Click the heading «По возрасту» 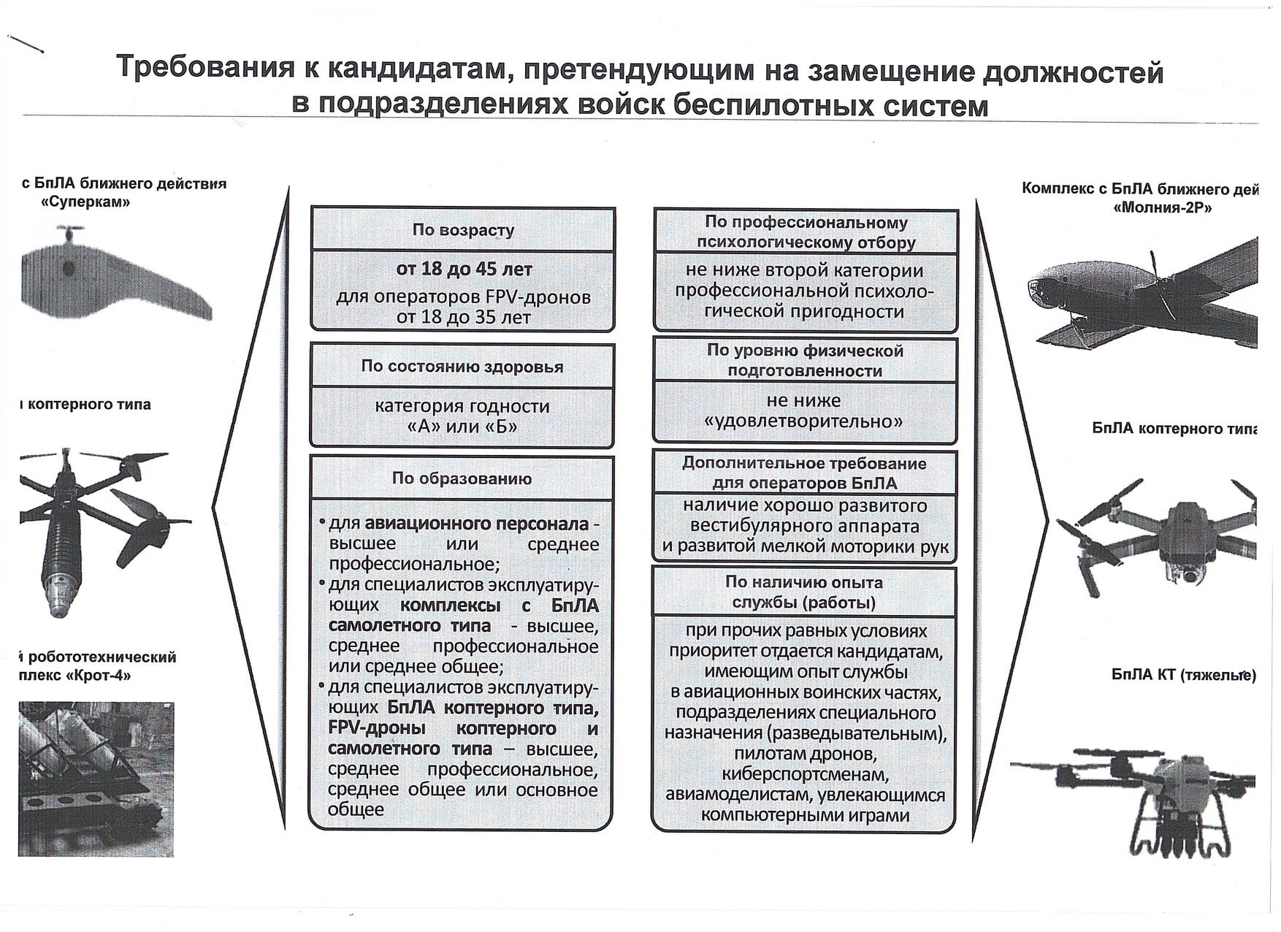(x=463, y=230)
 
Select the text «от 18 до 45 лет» (x=464, y=270)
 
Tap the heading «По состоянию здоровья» (x=462, y=367)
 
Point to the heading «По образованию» (x=462, y=479)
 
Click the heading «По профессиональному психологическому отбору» (x=806, y=232)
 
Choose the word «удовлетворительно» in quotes (x=803, y=421)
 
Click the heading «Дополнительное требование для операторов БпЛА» (x=804, y=473)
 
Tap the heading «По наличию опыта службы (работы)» (x=803, y=592)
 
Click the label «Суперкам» (x=86, y=202)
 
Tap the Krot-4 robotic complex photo (x=96, y=779)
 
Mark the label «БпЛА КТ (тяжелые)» (x=1183, y=675)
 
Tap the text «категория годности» (x=462, y=406)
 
